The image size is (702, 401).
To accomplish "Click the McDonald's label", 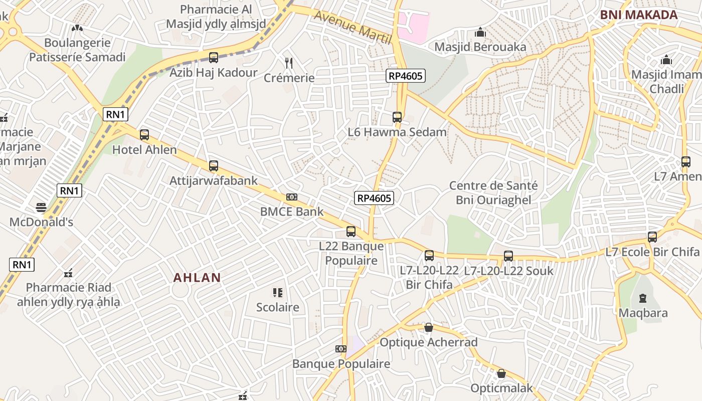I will click(x=41, y=222).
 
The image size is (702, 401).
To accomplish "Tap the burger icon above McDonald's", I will click(x=41, y=208).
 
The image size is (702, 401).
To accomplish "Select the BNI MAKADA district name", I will click(x=639, y=15).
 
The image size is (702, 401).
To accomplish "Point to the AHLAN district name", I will click(x=197, y=278).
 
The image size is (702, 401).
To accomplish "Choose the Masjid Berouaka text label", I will click(x=480, y=47).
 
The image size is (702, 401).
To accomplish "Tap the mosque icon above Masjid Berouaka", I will click(x=480, y=33).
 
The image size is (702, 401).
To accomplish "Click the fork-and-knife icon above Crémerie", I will click(x=289, y=63).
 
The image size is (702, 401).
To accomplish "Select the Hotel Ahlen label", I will click(x=144, y=150).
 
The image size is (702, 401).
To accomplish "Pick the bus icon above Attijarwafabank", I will click(x=214, y=166).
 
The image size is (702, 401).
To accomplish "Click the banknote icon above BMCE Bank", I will click(x=292, y=197).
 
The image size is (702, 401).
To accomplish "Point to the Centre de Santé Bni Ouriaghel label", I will click(x=493, y=192).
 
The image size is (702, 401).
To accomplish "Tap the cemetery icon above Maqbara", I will click(x=643, y=298).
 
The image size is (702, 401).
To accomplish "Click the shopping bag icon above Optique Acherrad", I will click(x=429, y=328).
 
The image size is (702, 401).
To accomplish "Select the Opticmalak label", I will click(x=501, y=388).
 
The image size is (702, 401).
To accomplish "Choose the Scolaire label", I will click(x=278, y=307).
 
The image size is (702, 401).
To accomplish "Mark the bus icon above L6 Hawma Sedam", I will click(x=397, y=118).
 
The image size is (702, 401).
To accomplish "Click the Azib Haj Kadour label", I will click(x=214, y=73).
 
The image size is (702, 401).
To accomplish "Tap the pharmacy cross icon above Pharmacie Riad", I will click(x=69, y=274).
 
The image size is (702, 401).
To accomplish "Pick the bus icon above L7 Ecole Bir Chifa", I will click(x=652, y=237).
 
